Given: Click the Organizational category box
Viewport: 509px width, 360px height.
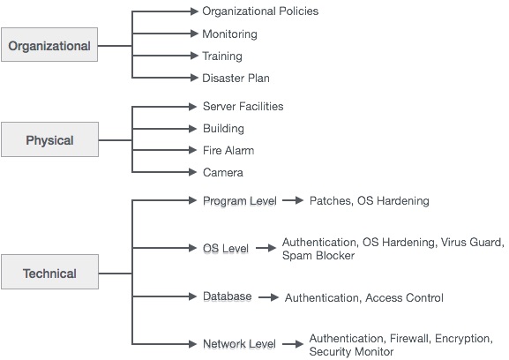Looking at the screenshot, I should pyautogui.click(x=49, y=46).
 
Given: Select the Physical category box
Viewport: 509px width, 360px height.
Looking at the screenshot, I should pyautogui.click(x=49, y=139).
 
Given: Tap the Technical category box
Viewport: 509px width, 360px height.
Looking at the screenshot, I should pyautogui.click(x=49, y=273).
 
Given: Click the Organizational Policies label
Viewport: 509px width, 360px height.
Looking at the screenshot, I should pyautogui.click(x=260, y=11).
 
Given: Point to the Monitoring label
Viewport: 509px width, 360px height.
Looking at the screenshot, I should pyautogui.click(x=229, y=34).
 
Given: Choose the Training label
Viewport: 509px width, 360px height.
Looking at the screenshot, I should pyautogui.click(x=222, y=56).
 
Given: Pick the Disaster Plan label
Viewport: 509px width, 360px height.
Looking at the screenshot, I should pyautogui.click(x=236, y=79).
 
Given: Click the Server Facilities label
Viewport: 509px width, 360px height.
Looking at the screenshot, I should pyautogui.click(x=243, y=107).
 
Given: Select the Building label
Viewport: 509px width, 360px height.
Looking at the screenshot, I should pyautogui.click(x=223, y=129).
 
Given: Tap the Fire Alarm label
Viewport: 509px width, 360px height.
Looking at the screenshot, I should pyautogui.click(x=228, y=151).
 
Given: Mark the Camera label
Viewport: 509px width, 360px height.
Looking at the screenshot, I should pyautogui.click(x=222, y=173).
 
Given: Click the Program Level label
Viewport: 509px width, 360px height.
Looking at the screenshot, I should pyautogui.click(x=239, y=201).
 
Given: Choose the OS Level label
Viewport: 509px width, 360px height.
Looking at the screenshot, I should pyautogui.click(x=225, y=249).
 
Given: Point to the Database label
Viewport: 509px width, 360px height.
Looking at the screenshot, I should pyautogui.click(x=227, y=296).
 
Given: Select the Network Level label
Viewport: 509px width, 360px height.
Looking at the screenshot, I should pyautogui.click(x=239, y=344).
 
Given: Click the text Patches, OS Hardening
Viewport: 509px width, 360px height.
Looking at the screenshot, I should pyautogui.click(x=369, y=201).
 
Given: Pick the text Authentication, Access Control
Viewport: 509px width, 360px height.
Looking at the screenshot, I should pyautogui.click(x=363, y=298).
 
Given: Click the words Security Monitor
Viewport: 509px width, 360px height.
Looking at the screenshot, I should pyautogui.click(x=350, y=351).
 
